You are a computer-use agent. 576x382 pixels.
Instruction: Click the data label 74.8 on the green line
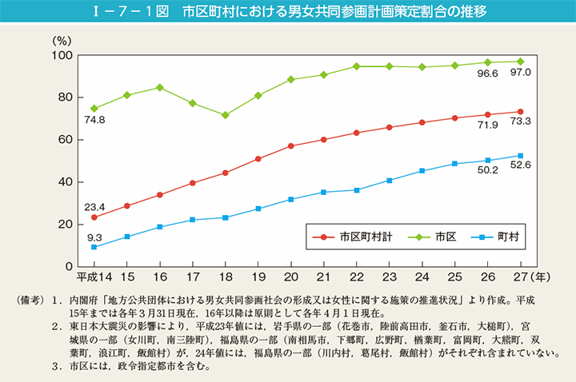coord(94,121)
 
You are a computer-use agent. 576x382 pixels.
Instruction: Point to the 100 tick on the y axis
coord(64,55)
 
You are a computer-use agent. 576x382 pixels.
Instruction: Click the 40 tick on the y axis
coord(67,182)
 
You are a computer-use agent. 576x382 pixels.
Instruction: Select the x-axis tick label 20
coord(291,277)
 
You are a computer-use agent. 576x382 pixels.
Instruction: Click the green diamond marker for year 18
coord(226,115)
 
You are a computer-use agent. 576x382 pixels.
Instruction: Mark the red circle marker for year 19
coord(258,159)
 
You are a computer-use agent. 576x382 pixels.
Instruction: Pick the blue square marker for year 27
coord(521,156)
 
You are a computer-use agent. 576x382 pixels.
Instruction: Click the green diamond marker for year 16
coord(160,87)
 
